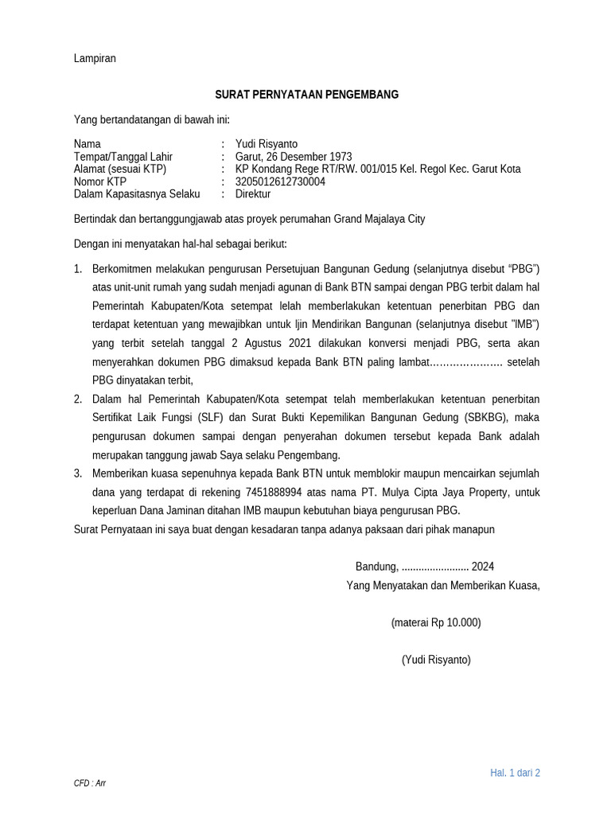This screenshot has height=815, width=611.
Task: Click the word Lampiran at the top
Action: (95, 58)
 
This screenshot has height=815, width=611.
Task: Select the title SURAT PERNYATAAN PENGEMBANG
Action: (306, 95)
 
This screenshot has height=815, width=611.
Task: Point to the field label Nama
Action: (88, 144)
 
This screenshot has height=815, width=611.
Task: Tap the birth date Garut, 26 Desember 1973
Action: (294, 157)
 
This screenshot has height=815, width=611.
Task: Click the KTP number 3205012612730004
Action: (280, 181)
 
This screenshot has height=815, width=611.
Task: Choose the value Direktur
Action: (253, 194)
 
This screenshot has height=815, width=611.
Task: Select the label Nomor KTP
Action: (100, 181)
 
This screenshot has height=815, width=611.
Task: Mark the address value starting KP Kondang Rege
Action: (378, 169)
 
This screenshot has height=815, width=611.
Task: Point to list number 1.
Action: (78, 269)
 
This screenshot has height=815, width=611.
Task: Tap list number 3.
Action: (78, 474)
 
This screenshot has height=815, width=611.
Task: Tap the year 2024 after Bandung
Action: (482, 567)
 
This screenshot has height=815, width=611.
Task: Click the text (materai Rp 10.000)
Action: (436, 622)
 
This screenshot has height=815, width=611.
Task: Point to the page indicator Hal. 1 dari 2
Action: (515, 773)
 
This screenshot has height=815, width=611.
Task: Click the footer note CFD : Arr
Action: (90, 783)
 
